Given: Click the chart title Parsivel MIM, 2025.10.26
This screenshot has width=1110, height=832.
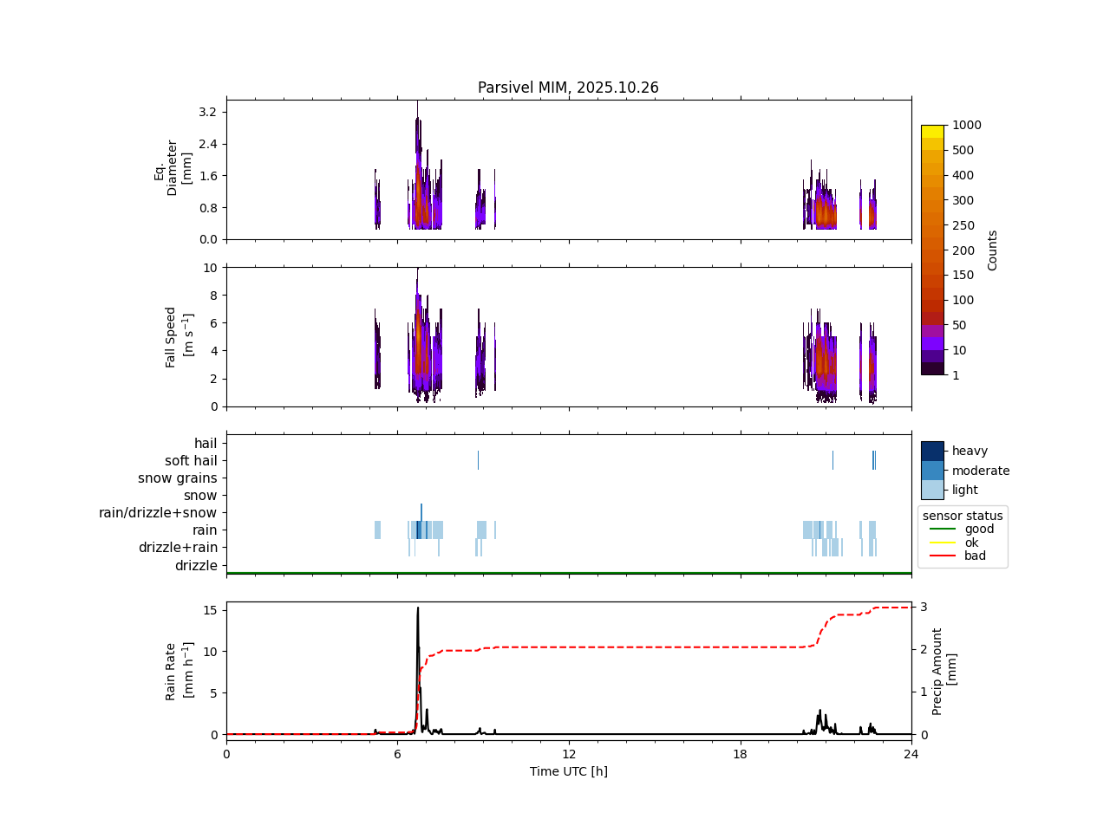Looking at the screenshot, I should pyautogui.click(x=568, y=88).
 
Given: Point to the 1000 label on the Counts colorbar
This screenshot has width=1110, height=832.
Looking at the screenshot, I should pyautogui.click(x=966, y=125).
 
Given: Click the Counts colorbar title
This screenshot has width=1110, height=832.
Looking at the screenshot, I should pyautogui.click(x=993, y=250).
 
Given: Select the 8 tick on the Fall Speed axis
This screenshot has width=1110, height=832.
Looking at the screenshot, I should pyautogui.click(x=209, y=296).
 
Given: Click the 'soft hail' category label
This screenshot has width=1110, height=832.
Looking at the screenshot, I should pyautogui.click(x=191, y=461).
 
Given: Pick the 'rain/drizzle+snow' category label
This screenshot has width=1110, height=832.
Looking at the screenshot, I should pyautogui.click(x=158, y=513).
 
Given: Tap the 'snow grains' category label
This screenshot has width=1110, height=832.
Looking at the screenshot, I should pyautogui.click(x=177, y=478).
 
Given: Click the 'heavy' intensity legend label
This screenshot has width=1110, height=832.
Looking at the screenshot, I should pyautogui.click(x=970, y=451).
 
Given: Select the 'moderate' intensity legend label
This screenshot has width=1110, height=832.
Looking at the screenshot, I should pyautogui.click(x=981, y=471).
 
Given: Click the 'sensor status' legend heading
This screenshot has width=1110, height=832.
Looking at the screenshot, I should pyautogui.click(x=963, y=516).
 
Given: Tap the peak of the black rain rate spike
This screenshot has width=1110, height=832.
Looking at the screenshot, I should pyautogui.click(x=418, y=608).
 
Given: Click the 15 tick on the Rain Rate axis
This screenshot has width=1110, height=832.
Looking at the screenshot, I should pyautogui.click(x=209, y=610).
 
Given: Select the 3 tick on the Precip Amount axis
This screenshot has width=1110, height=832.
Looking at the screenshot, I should pyautogui.click(x=924, y=607).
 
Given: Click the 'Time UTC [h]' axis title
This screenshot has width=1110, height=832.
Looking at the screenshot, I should pyautogui.click(x=568, y=771).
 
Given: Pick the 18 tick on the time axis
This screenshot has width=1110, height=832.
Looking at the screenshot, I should pyautogui.click(x=740, y=754).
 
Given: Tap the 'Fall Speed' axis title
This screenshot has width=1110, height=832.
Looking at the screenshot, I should pyautogui.click(x=172, y=336).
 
